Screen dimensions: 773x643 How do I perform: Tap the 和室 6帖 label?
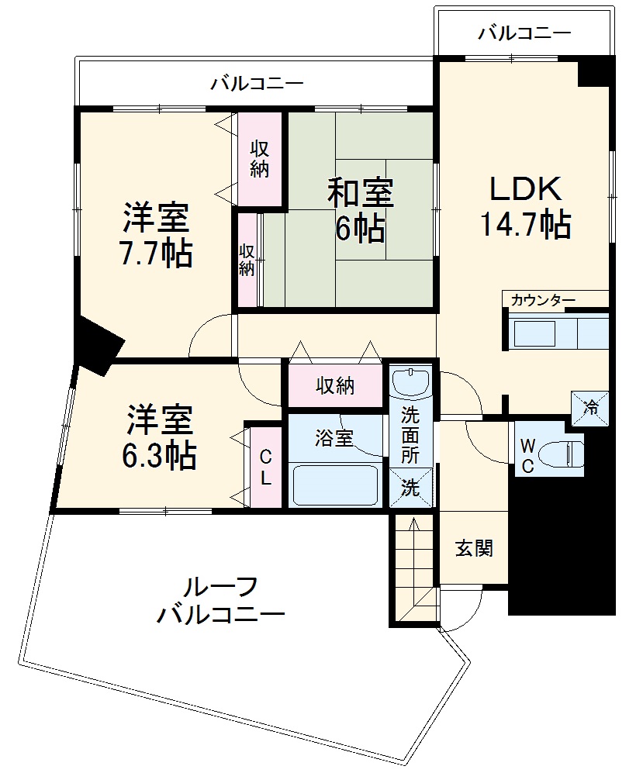359,209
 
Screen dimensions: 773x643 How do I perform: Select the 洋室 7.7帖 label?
155,235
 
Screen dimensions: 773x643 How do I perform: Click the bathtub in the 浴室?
335,485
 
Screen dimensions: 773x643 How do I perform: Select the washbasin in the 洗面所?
410,381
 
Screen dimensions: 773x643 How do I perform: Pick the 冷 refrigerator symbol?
590,406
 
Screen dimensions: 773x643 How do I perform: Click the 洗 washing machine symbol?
410,488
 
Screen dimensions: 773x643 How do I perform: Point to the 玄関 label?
473,548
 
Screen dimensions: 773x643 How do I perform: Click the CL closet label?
265,468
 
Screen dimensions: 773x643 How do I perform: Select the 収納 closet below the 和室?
335,385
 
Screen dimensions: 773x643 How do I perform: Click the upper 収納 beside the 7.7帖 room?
259,158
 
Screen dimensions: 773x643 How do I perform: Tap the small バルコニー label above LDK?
524,33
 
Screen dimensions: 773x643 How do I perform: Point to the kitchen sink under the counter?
534,334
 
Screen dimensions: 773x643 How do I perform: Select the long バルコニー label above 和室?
257,83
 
